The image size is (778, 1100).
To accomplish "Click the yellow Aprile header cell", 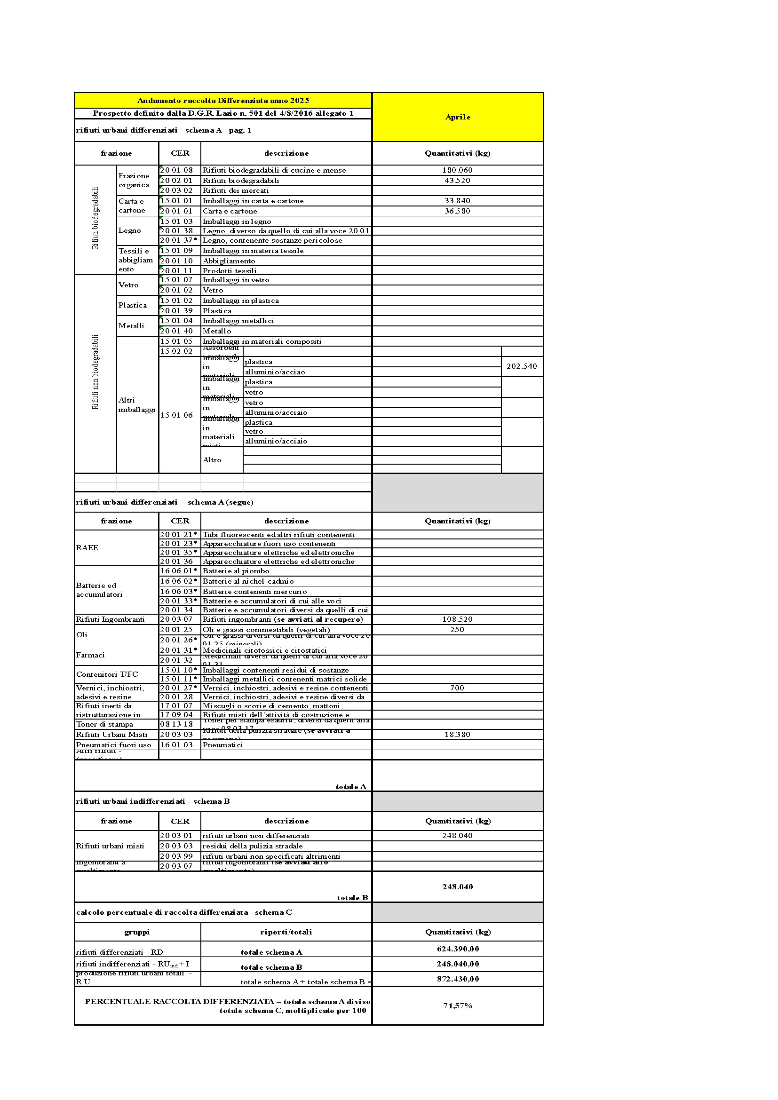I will pyautogui.click(x=458, y=117).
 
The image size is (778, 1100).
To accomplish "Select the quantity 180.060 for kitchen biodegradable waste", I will pyautogui.click(x=457, y=170).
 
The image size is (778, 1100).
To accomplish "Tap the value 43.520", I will pyautogui.click(x=457, y=181).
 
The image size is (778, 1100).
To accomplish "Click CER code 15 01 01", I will pyautogui.click(x=176, y=201).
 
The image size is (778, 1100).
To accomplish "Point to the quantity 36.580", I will pyautogui.click(x=457, y=211).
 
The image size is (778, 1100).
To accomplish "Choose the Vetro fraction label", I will pyautogui.click(x=128, y=285).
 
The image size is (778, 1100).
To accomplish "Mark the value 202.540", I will pyautogui.click(x=522, y=366).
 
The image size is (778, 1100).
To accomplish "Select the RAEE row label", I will pyautogui.click(x=87, y=547).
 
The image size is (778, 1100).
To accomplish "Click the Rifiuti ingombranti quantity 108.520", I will pyautogui.click(x=457, y=619).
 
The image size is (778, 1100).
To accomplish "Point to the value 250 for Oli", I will pyautogui.click(x=457, y=630).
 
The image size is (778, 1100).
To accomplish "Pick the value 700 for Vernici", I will pyautogui.click(x=457, y=688).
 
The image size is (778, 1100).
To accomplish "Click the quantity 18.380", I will pyautogui.click(x=457, y=735).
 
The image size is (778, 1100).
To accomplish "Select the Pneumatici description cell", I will pyautogui.click(x=223, y=745).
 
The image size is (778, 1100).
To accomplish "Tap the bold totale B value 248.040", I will pyautogui.click(x=458, y=887).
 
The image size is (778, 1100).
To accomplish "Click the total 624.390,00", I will pyautogui.click(x=458, y=949).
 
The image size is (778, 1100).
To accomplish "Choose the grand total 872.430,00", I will pyautogui.click(x=458, y=979).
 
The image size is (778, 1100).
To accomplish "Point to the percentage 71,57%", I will pyautogui.click(x=458, y=1005).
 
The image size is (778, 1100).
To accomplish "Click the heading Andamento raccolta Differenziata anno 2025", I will pyautogui.click(x=223, y=101).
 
